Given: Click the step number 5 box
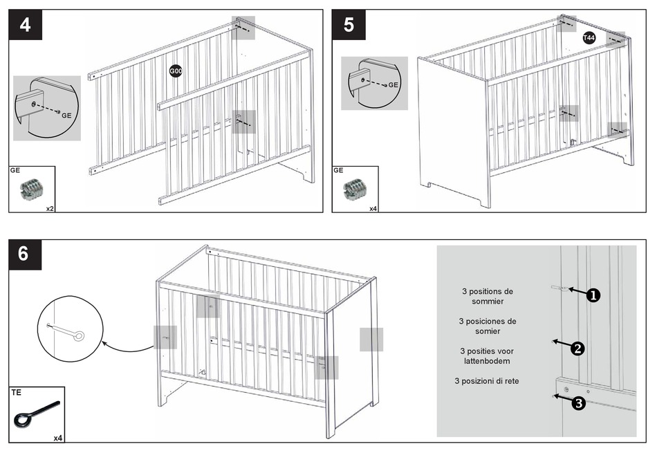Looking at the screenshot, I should tap(349, 26).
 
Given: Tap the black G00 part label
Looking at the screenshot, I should tap(176, 71).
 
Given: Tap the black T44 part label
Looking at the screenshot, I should tap(589, 38).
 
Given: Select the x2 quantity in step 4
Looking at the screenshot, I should tap(50, 207).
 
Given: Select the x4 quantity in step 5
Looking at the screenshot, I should tap(373, 207).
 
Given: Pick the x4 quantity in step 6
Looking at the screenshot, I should tap(58, 438).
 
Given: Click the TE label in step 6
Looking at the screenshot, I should tap(17, 392).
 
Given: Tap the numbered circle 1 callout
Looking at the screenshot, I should tap(593, 295).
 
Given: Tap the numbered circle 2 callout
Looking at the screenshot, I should tap(577, 349).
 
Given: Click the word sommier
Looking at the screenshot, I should tap(488, 302).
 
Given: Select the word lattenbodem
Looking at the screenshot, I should tap(488, 361).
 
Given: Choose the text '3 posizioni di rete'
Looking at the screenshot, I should tap(488, 381).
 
